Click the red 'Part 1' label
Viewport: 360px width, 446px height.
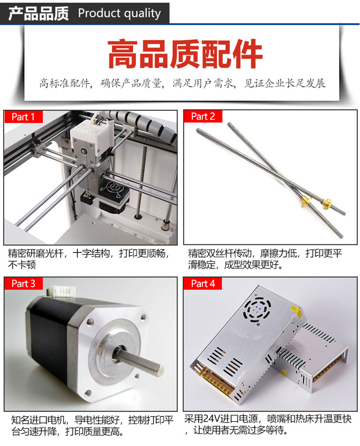(x=23, y=117)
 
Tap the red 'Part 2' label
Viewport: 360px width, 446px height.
(x=202, y=116)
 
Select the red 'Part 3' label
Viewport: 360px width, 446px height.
(x=23, y=284)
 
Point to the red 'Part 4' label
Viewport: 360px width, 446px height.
(x=202, y=284)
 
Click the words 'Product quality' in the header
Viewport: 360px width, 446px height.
(x=120, y=13)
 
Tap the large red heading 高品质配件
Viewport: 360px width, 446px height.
(x=185, y=54)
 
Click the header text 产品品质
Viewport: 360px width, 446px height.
(x=38, y=13)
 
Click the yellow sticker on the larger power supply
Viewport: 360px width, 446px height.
(x=295, y=311)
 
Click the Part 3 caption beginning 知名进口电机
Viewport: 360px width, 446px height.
(x=92, y=426)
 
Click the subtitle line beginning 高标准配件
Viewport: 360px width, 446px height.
(x=182, y=83)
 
